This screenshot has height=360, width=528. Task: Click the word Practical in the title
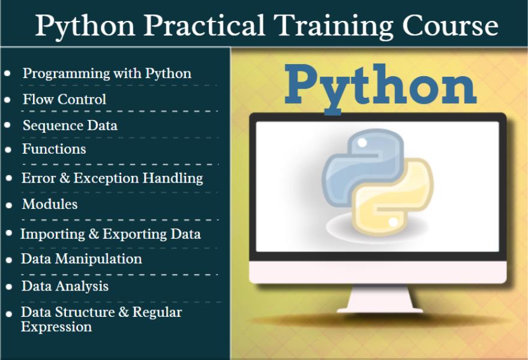[205, 25]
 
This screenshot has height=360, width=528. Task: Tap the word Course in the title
[450, 25]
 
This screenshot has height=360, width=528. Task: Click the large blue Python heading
[380, 87]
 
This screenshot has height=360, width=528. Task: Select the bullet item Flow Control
[64, 100]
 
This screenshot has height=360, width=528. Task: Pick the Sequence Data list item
[70, 125]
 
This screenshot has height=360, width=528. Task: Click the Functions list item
[54, 149]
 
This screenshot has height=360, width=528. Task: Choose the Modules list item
[50, 204]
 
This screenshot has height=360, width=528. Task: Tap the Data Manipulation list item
[82, 259]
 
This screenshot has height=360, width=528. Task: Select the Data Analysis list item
[65, 286]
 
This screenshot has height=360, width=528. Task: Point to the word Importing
[53, 235]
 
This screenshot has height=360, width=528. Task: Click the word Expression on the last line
[56, 327]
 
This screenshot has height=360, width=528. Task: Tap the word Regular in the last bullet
[157, 313]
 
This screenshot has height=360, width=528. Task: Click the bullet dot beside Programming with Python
[8, 73]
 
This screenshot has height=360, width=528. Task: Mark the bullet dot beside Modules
[9, 205]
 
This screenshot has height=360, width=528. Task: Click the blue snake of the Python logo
[362, 166]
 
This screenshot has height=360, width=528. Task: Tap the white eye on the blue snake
[362, 143]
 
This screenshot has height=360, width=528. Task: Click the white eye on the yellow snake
[394, 222]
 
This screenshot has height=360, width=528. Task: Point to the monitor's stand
[380, 299]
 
